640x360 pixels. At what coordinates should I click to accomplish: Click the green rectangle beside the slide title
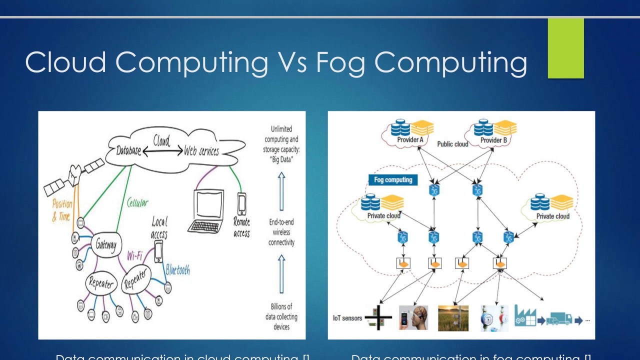[x=565, y=48]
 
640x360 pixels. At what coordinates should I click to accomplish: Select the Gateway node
[x=105, y=244]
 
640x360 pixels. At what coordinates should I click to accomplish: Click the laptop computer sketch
[x=205, y=211]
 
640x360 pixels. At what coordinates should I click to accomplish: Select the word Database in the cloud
[x=129, y=150]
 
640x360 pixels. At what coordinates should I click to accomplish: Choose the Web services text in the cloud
[x=201, y=150]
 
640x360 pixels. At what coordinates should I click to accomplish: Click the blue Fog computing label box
[x=393, y=180]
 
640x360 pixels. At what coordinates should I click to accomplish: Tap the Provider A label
[x=410, y=140]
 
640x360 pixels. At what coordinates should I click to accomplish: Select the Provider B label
[x=493, y=140]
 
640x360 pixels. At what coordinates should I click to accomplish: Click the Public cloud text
[x=452, y=144]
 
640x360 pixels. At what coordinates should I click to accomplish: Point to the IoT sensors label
[x=347, y=318]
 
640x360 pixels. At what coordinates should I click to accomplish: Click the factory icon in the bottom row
[x=524, y=316]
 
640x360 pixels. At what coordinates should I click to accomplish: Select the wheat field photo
[x=453, y=318]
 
